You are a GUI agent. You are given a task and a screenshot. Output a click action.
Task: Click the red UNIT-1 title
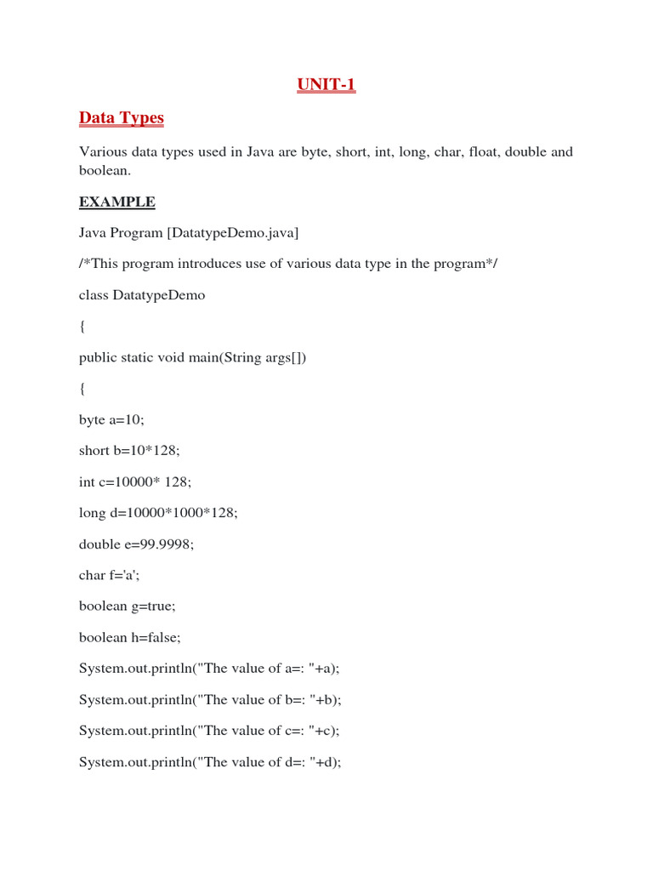pos(326,84)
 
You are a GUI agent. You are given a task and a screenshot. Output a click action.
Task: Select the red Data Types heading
pos(121,117)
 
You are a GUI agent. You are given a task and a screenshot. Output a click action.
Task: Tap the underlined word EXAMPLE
pos(117,202)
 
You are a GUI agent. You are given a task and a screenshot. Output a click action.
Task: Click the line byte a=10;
pos(111,419)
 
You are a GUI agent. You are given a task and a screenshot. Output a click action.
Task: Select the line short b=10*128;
pos(129,451)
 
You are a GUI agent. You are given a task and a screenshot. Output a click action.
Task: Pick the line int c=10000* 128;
pos(135,481)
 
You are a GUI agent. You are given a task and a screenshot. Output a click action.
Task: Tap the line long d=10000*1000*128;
pos(158,513)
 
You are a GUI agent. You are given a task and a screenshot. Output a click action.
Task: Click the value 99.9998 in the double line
pos(167,544)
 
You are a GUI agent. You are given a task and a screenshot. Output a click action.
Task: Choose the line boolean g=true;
pos(127,606)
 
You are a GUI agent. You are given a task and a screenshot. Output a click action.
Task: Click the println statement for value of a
pos(209,669)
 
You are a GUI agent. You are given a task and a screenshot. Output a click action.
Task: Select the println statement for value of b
pos(210,700)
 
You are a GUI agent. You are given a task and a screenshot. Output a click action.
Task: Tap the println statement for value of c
pos(209,731)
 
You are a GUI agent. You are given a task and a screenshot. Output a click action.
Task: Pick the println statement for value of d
pos(210,762)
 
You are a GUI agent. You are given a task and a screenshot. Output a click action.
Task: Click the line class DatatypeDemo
pos(142,295)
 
